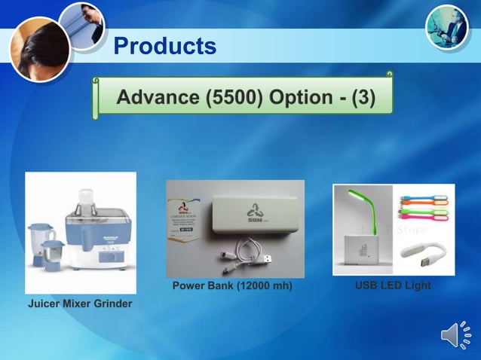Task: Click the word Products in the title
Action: (x=164, y=47)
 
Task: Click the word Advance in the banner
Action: (x=156, y=97)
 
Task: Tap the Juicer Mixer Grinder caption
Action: (x=80, y=304)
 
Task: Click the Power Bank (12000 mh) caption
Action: (x=232, y=286)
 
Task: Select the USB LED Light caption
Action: (x=393, y=286)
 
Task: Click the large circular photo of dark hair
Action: (x=38, y=48)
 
